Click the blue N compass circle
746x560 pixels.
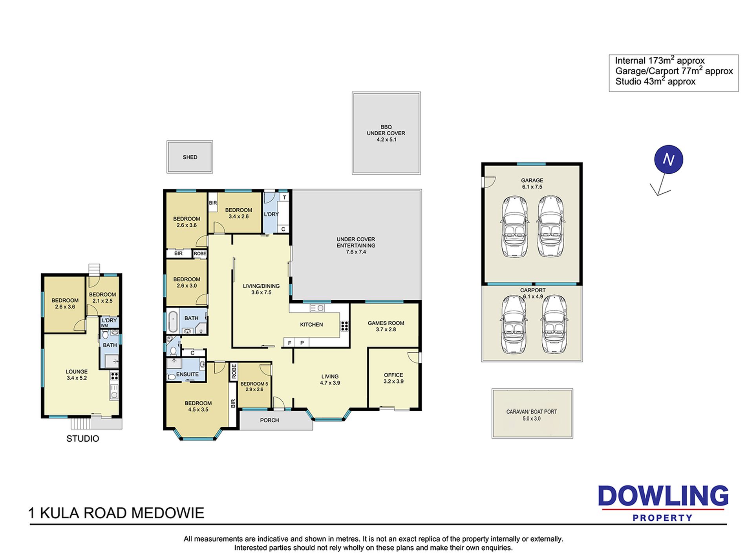click(x=668, y=160)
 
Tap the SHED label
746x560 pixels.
click(x=190, y=157)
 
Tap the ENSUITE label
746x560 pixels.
click(x=187, y=375)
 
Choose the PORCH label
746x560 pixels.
click(x=269, y=420)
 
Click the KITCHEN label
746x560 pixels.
click(x=311, y=325)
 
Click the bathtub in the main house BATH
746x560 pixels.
click(x=172, y=322)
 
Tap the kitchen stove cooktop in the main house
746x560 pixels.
click(x=345, y=326)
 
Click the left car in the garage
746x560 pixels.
click(x=514, y=227)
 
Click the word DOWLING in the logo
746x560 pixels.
click(x=663, y=496)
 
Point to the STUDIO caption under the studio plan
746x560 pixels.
click(x=82, y=439)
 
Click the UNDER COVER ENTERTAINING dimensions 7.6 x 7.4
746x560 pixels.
click(x=356, y=252)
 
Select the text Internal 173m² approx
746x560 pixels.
click(x=660, y=60)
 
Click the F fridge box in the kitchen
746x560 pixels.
click(x=289, y=343)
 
